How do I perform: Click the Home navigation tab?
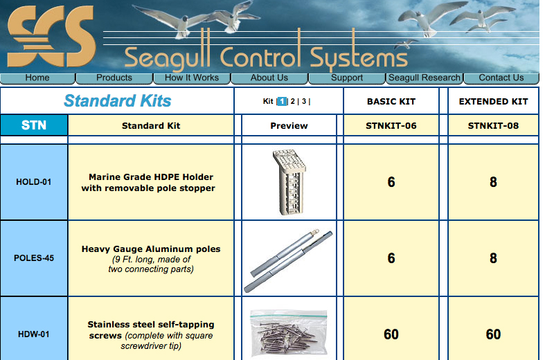(x=37, y=78)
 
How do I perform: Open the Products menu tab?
(x=114, y=78)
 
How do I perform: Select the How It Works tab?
(x=192, y=78)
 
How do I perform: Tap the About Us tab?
(x=269, y=78)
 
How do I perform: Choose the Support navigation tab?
(x=347, y=78)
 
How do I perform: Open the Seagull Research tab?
(x=424, y=78)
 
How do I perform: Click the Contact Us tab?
(x=501, y=78)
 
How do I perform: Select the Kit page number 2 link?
(x=293, y=101)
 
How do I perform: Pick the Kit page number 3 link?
(x=304, y=101)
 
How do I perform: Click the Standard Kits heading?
(x=117, y=101)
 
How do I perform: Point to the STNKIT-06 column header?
(x=391, y=125)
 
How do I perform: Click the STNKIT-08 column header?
(x=493, y=125)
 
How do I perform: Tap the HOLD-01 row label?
(x=34, y=183)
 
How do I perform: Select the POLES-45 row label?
(x=34, y=258)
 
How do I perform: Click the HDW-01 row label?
(x=34, y=334)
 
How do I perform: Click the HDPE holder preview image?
(x=289, y=182)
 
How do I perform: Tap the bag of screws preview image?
(x=288, y=332)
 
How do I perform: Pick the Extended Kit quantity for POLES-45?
(x=493, y=258)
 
